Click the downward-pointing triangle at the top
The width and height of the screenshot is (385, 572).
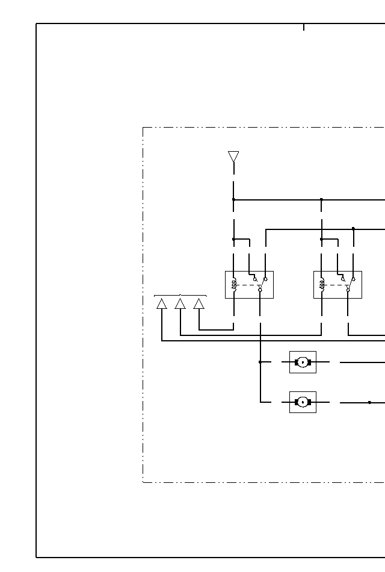point(233,156)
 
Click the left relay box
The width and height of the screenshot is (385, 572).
point(249,284)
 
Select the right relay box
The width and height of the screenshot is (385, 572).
point(337,284)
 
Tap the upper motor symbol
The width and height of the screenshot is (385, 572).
point(303,362)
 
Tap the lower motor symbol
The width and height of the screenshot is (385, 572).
point(303,402)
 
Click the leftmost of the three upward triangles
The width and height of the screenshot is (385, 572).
point(162,303)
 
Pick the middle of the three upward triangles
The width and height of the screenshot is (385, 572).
point(180,303)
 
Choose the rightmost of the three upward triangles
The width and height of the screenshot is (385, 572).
point(199,303)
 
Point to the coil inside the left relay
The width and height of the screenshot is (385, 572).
point(234,284)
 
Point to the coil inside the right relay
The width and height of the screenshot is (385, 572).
point(322,284)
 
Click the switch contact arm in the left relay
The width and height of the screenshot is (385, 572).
point(262,284)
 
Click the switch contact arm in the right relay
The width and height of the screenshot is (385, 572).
point(350,284)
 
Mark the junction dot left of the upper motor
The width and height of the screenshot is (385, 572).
point(260,362)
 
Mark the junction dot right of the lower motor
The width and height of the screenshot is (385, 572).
point(369,402)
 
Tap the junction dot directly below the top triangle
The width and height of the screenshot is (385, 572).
point(233,199)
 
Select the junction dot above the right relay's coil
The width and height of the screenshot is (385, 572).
point(321,239)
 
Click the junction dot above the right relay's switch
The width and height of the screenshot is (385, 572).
point(353,229)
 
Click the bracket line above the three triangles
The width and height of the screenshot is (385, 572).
point(180,296)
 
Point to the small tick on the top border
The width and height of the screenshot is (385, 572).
point(304,27)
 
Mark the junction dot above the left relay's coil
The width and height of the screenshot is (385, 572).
point(233,239)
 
